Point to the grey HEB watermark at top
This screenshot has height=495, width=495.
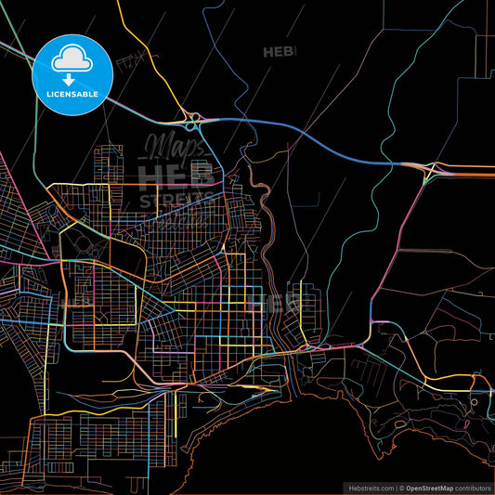click(280, 52)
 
